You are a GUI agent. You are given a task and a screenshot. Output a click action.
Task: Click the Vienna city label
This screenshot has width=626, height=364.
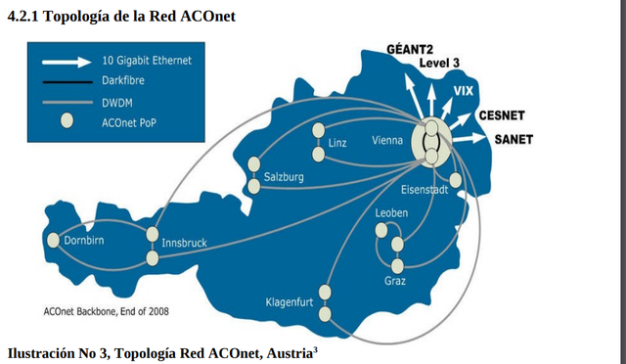click(386, 141)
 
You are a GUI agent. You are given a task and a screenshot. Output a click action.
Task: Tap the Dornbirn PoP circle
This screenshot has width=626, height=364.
click(54, 240)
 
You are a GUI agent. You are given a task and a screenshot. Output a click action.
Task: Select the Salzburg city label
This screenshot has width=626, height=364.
click(285, 177)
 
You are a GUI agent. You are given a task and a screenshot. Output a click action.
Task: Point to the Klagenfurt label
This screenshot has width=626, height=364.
click(290, 302)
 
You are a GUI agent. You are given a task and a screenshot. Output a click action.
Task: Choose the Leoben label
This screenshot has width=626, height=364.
click(391, 212)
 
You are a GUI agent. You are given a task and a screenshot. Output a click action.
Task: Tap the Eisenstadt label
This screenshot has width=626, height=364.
click(425, 189)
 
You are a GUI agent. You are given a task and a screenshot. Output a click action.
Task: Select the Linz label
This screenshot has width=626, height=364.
click(337, 144)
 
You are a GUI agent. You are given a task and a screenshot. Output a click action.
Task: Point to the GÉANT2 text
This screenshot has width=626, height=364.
click(411, 49)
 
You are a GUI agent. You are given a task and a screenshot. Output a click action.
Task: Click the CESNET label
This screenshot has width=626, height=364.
click(502, 115)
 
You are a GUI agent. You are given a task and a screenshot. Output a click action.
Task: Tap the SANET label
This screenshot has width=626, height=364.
click(514, 139)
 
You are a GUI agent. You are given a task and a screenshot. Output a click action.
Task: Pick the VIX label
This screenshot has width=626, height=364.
click(465, 90)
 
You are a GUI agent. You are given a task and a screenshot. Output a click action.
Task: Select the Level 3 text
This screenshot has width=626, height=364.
click(439, 63)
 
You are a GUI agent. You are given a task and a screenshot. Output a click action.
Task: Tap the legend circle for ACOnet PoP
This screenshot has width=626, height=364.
click(67, 121)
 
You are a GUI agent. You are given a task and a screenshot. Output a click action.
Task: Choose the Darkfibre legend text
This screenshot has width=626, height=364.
click(122, 80)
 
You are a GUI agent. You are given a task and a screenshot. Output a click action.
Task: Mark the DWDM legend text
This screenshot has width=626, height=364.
click(116, 101)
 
